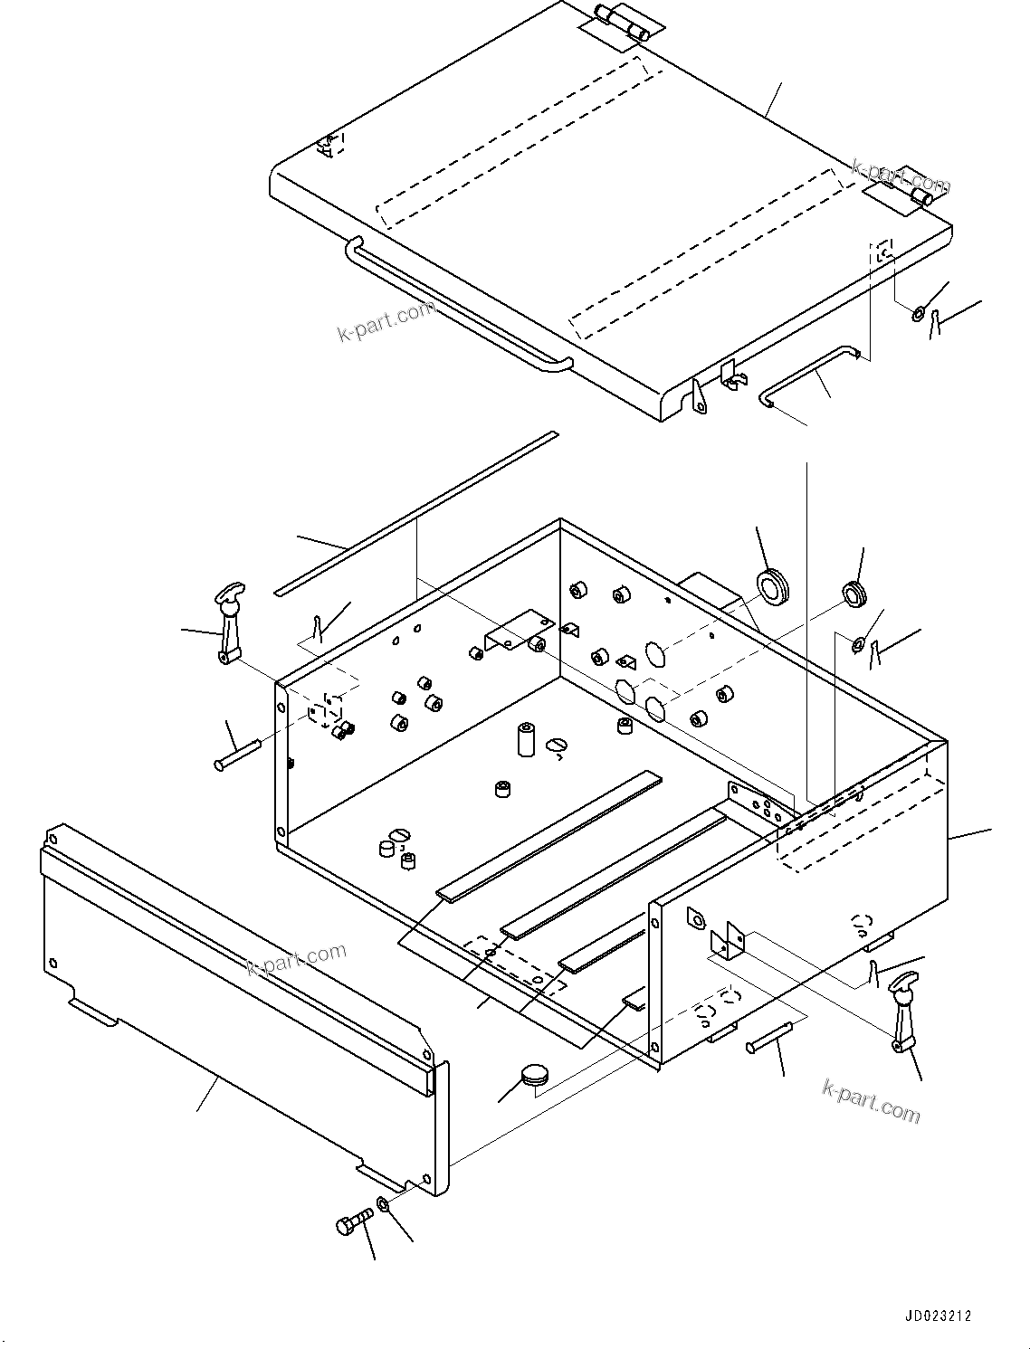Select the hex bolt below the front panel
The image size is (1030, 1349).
(352, 1222)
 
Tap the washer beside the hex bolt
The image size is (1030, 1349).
(383, 1204)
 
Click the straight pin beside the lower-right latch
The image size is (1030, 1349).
(770, 1037)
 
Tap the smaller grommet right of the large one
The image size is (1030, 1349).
(854, 594)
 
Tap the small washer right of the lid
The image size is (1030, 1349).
(918, 314)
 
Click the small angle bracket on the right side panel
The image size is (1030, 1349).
(728, 941)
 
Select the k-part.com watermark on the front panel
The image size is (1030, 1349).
(297, 959)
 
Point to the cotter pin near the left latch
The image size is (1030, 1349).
(316, 625)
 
